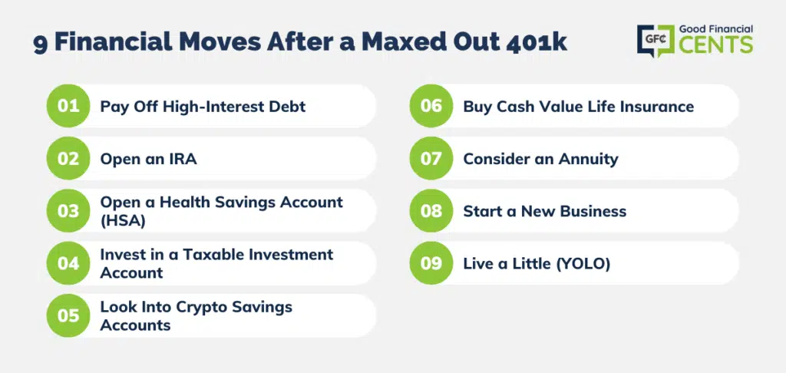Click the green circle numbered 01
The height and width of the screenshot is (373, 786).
68,106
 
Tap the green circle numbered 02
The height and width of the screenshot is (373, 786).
68,158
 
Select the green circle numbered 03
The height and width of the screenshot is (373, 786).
68,210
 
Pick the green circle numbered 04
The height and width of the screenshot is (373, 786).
68,263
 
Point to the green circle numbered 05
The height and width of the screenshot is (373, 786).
68,315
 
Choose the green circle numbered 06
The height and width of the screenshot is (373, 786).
431,106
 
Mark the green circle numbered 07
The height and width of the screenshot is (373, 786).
431,158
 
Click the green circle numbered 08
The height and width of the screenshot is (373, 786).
431,210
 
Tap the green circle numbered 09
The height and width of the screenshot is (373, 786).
431,263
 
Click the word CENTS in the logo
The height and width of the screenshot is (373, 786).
716,45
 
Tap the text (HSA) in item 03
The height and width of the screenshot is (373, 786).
123,220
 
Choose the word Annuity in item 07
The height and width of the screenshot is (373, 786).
589,160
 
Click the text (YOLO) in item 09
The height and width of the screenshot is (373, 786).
583,264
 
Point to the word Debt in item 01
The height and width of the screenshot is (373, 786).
289,107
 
